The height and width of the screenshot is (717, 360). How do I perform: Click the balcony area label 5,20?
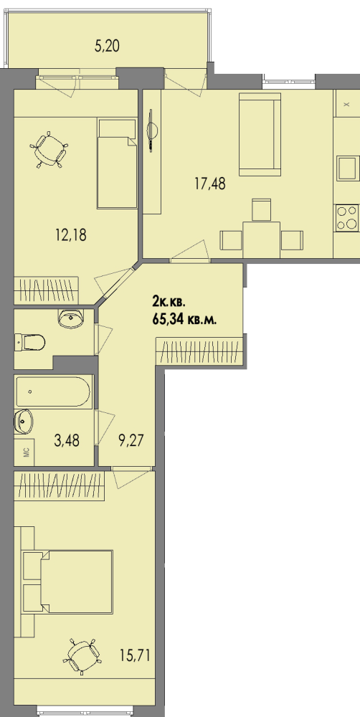(x=107, y=46)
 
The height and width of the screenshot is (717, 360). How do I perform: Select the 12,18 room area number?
(x=70, y=235)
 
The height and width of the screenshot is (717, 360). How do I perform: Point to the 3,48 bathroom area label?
(x=66, y=441)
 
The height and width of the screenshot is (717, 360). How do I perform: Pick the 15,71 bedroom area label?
(x=135, y=657)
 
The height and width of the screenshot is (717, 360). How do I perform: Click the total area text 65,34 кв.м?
(x=185, y=319)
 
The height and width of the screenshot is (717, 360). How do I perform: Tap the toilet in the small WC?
(x=29, y=341)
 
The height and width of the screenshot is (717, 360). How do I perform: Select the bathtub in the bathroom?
(x=54, y=391)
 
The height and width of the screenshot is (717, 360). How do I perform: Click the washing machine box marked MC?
(x=26, y=452)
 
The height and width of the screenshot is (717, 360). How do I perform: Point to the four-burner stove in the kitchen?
(x=347, y=217)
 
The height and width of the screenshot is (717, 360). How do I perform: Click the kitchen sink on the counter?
(x=348, y=168)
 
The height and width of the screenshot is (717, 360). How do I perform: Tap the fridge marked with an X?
(x=347, y=103)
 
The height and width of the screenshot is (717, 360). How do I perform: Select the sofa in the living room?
(x=260, y=134)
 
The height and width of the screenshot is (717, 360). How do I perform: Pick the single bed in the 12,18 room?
(x=117, y=163)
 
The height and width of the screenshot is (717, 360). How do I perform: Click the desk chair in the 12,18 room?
(x=49, y=150)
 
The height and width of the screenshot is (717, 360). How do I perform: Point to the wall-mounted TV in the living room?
(x=152, y=130)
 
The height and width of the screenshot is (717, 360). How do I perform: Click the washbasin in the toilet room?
(x=70, y=318)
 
